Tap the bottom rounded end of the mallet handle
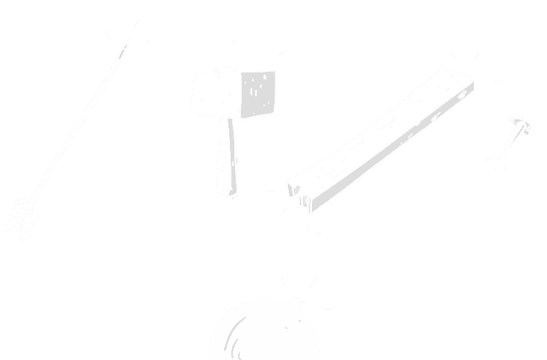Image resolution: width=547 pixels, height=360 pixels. pyautogui.click(x=227, y=193)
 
